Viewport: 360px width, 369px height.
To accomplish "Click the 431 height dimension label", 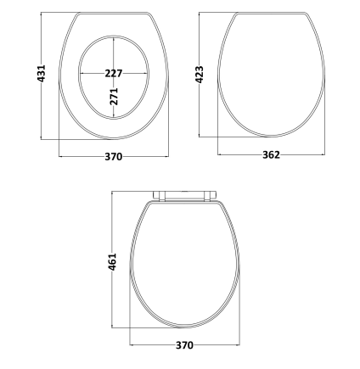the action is (42, 74).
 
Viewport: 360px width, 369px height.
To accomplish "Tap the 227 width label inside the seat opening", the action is (114, 74).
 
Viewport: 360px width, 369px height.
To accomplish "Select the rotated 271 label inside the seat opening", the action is (114, 97).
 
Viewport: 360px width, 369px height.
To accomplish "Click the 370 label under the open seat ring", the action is (114, 156).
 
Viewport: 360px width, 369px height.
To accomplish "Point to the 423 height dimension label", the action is (200, 75).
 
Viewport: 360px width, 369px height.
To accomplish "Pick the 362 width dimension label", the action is (271, 154).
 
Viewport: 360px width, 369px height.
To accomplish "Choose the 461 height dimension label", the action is (112, 262).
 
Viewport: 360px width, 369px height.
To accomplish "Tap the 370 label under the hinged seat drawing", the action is (184, 345).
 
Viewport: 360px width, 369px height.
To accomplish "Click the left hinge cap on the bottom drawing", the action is (159, 196).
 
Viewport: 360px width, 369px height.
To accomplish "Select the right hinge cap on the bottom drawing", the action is (211, 196).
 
